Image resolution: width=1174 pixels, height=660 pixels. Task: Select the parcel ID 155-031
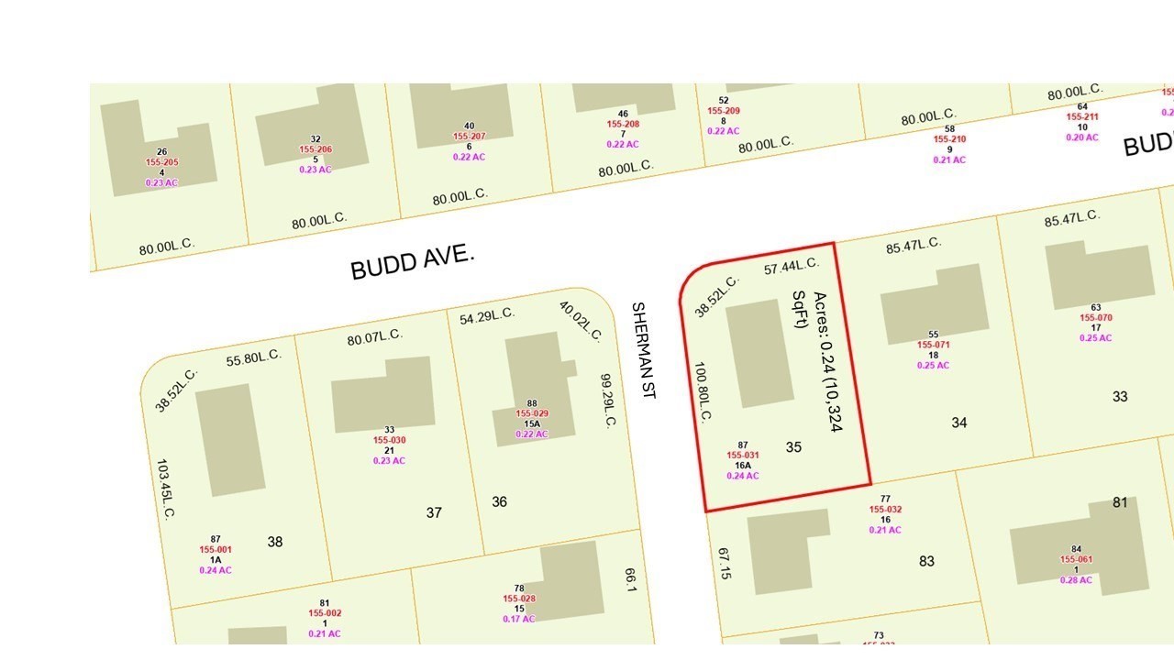coord(743,456)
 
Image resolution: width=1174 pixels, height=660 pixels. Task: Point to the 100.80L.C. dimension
coord(704,390)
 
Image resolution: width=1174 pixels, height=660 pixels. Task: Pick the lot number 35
coord(794,447)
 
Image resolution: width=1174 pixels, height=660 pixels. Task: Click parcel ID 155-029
coord(532,414)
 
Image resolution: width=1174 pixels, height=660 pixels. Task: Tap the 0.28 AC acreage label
coord(1077,579)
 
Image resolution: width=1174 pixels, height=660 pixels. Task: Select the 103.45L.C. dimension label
coord(165,490)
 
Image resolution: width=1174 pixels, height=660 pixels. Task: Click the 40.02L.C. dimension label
coord(580,321)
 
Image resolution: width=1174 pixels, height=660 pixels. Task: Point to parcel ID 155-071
coord(934,345)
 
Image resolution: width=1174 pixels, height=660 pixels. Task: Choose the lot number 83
coord(927,561)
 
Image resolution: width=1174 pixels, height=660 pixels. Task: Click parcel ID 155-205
coord(161,162)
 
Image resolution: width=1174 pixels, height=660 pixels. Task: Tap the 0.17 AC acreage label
coord(519,619)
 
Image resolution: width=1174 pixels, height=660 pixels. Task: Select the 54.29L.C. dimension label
coord(487,315)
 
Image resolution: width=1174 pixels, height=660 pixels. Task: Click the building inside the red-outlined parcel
coord(760,353)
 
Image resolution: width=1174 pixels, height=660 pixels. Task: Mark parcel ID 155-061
coord(1077,559)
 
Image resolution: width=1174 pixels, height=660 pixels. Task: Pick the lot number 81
coord(1120,502)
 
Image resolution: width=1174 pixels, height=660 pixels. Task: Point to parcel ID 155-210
coord(950,139)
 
